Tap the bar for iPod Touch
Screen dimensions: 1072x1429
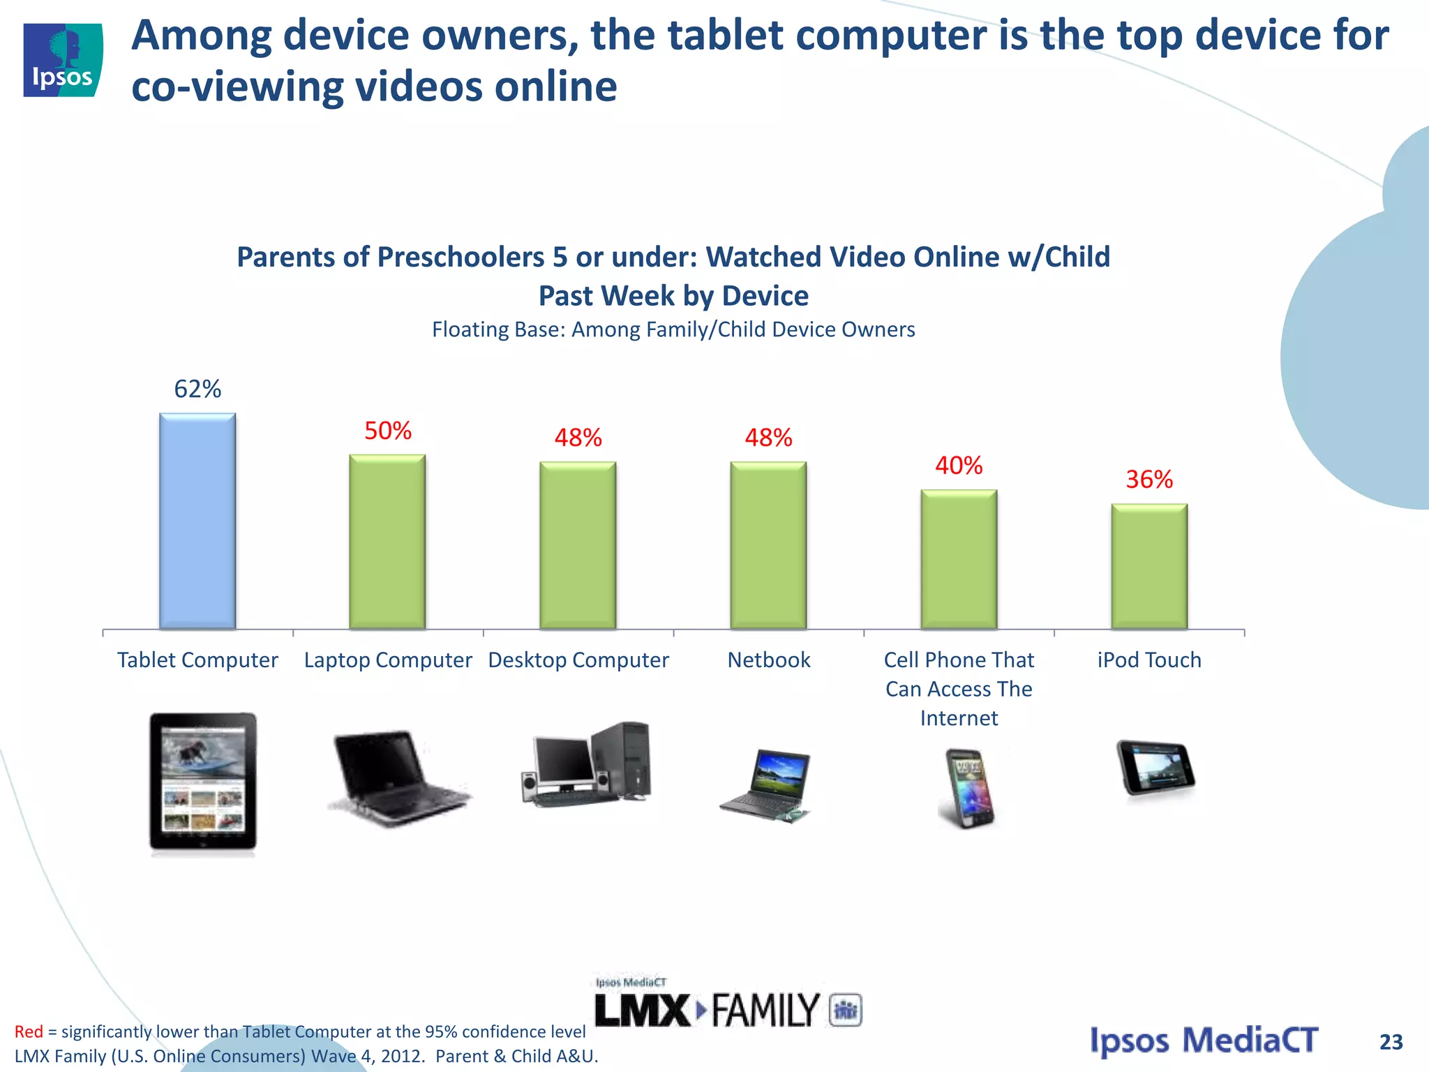[1149, 566]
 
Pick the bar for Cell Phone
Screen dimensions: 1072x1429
[959, 559]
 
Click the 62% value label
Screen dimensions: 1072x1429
[197, 389]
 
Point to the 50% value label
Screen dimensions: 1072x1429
[388, 431]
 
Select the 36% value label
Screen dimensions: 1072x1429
[1149, 479]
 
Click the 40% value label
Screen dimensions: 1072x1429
[959, 466]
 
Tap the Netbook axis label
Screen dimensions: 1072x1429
[768, 660]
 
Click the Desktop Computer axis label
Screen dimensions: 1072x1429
[578, 660]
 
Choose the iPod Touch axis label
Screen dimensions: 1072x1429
[1149, 660]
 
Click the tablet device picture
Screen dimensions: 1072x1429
[202, 781]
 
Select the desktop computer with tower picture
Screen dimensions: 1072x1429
[587, 764]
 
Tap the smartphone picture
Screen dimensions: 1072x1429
[967, 787]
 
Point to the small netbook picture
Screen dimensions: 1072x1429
[766, 785]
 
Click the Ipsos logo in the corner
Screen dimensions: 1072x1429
[63, 60]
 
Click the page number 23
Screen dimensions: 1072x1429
[1391, 1042]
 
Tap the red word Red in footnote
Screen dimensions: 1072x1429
[29, 1032]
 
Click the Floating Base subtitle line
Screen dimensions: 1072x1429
[673, 329]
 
